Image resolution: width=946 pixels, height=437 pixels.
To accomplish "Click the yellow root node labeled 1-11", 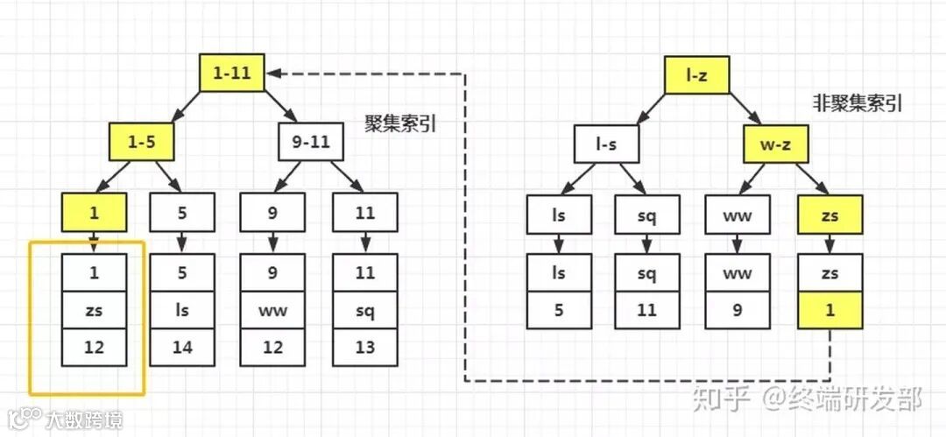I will point(231,74).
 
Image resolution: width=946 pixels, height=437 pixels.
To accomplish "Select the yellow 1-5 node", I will point(143,142).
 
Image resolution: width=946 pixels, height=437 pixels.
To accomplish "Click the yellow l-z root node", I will point(697,76).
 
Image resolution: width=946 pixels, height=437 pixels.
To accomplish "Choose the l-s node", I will point(607,144).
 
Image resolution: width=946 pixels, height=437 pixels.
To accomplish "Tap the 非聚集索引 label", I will point(856,103).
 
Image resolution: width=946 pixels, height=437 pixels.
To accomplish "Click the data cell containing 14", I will point(181,348).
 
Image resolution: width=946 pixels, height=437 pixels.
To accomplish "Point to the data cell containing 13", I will point(365,348).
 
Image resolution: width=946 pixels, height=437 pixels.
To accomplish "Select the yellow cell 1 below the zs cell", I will point(830,311).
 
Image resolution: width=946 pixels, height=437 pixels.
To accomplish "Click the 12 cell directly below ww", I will point(273,348).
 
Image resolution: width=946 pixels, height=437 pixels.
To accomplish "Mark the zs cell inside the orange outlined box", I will point(95,310).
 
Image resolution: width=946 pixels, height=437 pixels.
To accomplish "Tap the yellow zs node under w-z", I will point(830,215).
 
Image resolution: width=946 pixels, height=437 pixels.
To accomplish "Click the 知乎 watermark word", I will point(722,400).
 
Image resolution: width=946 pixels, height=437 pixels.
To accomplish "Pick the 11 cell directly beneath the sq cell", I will point(646,311).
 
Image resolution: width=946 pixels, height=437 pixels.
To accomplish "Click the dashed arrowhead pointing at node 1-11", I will point(274,74).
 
